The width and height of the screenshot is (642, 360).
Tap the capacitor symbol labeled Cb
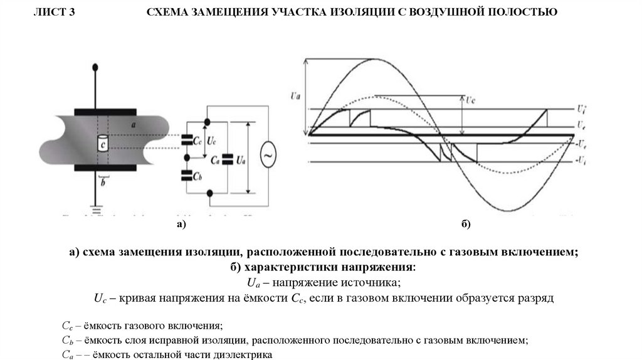pyautogui.click(x=186, y=174)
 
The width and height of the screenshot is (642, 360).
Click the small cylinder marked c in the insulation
pyautogui.click(x=102, y=144)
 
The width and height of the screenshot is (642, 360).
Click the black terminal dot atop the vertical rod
pyautogui.click(x=95, y=66)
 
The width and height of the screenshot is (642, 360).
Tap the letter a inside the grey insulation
pyautogui.click(x=134, y=125)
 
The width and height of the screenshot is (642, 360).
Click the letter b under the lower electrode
pyautogui.click(x=104, y=183)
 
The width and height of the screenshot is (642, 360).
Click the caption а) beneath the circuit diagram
pyautogui.click(x=182, y=225)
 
